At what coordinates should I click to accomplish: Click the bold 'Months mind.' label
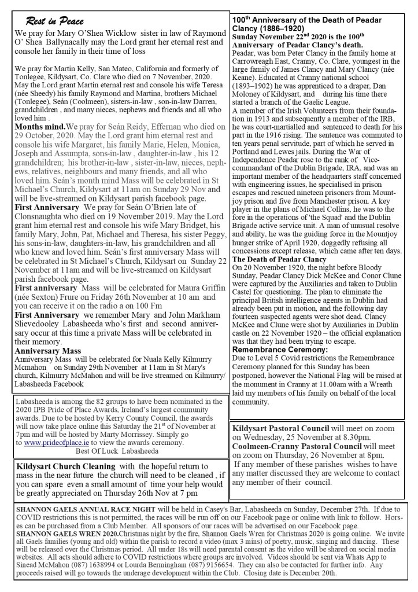40,126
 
